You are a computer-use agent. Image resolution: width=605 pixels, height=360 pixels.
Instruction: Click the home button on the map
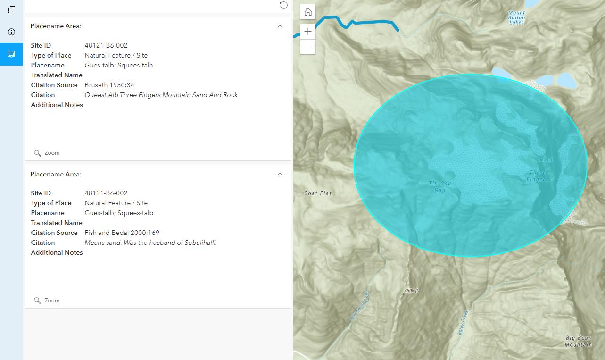pos(308,12)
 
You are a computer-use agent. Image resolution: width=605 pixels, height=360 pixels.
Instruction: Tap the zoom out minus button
pos(308,47)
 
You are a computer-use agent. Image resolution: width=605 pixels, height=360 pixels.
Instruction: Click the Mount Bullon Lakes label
pos(516,17)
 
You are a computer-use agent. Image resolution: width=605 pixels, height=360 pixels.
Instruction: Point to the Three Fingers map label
pos(538,176)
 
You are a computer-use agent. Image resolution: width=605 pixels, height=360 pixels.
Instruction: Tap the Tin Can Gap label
pos(440,187)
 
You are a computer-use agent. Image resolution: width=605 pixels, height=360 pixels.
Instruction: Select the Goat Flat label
pos(318,193)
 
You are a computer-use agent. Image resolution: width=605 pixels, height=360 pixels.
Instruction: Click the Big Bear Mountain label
pos(578,341)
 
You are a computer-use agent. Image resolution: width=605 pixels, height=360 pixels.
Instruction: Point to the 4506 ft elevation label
pos(411,291)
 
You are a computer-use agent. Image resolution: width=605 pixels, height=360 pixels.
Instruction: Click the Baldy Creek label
pos(463,322)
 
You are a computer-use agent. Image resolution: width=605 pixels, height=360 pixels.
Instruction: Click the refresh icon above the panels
pos(283,5)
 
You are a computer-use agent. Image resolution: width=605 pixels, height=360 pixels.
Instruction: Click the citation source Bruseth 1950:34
pos(109,85)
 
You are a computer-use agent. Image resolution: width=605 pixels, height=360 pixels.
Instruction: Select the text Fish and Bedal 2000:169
pos(122,233)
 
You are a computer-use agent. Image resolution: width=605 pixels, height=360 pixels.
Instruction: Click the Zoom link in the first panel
pos(47,153)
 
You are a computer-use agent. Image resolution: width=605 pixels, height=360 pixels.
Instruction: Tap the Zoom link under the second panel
pos(47,301)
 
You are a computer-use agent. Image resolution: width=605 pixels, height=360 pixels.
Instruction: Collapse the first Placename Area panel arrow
pos(280,26)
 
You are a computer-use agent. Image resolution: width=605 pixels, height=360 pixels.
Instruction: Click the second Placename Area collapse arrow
pos(280,174)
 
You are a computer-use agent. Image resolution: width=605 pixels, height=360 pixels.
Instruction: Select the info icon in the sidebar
pos(11,32)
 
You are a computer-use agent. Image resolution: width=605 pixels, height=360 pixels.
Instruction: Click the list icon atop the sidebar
pos(11,9)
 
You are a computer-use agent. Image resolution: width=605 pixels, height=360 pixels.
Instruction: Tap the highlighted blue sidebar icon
pos(11,54)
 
